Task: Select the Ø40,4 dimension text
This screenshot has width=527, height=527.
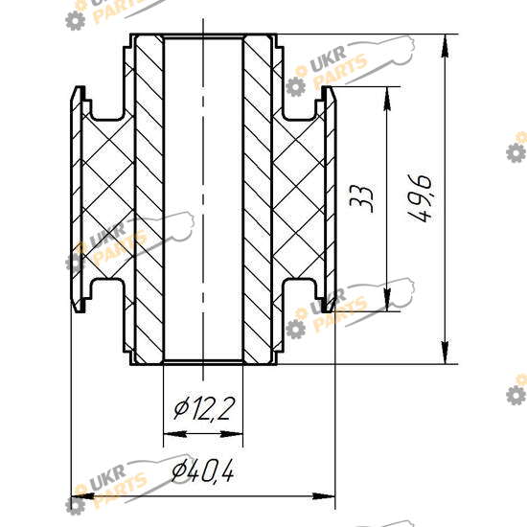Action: click(x=203, y=470)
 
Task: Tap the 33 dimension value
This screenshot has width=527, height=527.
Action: click(x=361, y=198)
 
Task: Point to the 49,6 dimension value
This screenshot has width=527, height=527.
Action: click(x=419, y=198)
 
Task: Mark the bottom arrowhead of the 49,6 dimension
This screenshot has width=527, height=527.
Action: click(x=445, y=353)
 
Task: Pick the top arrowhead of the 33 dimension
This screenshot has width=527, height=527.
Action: click(x=387, y=98)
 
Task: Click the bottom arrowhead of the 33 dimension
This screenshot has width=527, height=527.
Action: click(x=387, y=300)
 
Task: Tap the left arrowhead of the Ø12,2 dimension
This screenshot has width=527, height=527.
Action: click(x=174, y=434)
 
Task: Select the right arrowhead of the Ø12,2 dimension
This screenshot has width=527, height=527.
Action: click(x=231, y=434)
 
